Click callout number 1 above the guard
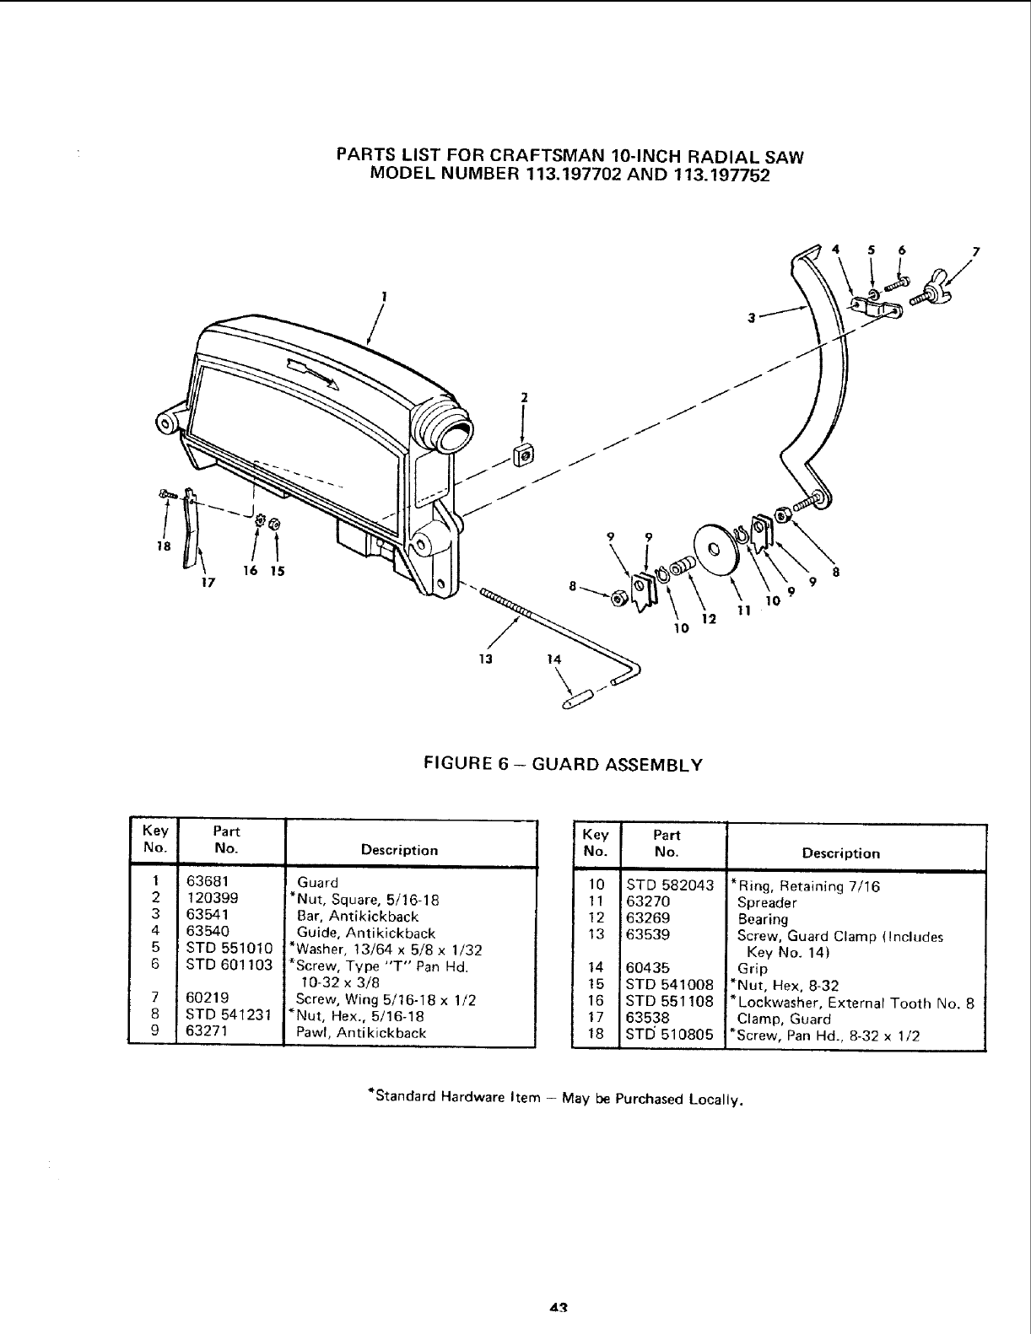pos(384,296)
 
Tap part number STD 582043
pos(670,885)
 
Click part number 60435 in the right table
pos(648,969)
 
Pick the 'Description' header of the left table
pos(399,851)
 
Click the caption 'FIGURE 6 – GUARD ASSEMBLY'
pos(563,766)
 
